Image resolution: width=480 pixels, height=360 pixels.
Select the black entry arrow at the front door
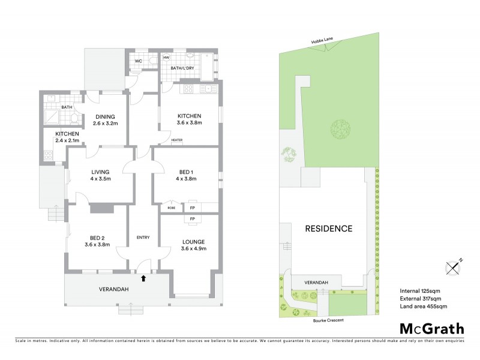[x=143, y=278]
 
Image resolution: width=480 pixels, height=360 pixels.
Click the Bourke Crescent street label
[x=328, y=321]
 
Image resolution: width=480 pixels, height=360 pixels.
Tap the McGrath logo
[x=431, y=328]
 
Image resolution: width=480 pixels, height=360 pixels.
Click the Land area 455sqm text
[x=423, y=307]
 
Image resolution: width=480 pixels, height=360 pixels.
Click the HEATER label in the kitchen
[x=176, y=140]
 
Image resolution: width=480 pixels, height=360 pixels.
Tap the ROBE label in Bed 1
[x=171, y=208]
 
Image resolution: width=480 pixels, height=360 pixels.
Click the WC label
[x=137, y=61]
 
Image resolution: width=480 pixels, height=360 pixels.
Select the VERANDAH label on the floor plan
[x=114, y=289]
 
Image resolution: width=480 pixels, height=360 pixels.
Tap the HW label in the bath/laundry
[x=166, y=58]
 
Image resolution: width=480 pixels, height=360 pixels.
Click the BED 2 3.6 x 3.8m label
[x=97, y=241]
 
